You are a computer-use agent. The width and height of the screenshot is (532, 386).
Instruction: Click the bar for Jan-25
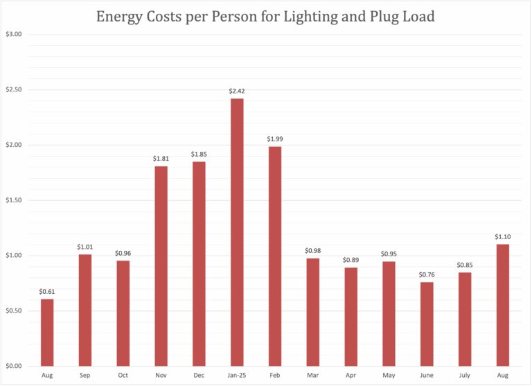pyautogui.click(x=237, y=232)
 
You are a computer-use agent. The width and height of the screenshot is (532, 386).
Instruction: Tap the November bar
pyautogui.click(x=161, y=266)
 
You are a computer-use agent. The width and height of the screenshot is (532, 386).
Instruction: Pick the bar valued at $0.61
pyautogui.click(x=47, y=332)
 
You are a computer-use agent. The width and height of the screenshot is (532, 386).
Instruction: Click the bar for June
pyautogui.click(x=427, y=324)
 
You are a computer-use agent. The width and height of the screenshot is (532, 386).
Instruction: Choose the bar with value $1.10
pyautogui.click(x=503, y=305)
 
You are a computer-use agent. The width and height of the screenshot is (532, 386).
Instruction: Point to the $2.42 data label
pyautogui.click(x=237, y=91)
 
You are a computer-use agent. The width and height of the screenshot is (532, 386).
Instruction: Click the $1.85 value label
pyautogui.click(x=199, y=154)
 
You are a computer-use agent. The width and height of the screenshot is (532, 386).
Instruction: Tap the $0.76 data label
pyautogui.click(x=427, y=274)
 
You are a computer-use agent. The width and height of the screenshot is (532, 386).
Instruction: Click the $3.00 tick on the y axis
pyautogui.click(x=14, y=35)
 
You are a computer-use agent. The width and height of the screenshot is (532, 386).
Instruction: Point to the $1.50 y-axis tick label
pyautogui.click(x=14, y=200)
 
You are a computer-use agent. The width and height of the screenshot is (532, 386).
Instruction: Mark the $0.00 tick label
pyautogui.click(x=14, y=366)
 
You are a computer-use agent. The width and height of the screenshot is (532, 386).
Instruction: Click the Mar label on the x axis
pyautogui.click(x=312, y=375)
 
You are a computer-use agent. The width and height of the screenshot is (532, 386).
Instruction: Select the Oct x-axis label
pyautogui.click(x=123, y=375)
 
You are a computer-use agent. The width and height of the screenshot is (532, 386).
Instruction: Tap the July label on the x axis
pyautogui.click(x=465, y=375)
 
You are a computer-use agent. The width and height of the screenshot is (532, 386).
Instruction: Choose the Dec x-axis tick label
pyautogui.click(x=199, y=375)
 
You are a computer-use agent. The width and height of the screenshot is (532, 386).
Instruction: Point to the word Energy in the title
pyautogui.click(x=118, y=16)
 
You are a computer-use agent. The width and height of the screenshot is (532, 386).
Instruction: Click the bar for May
pyautogui.click(x=389, y=313)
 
